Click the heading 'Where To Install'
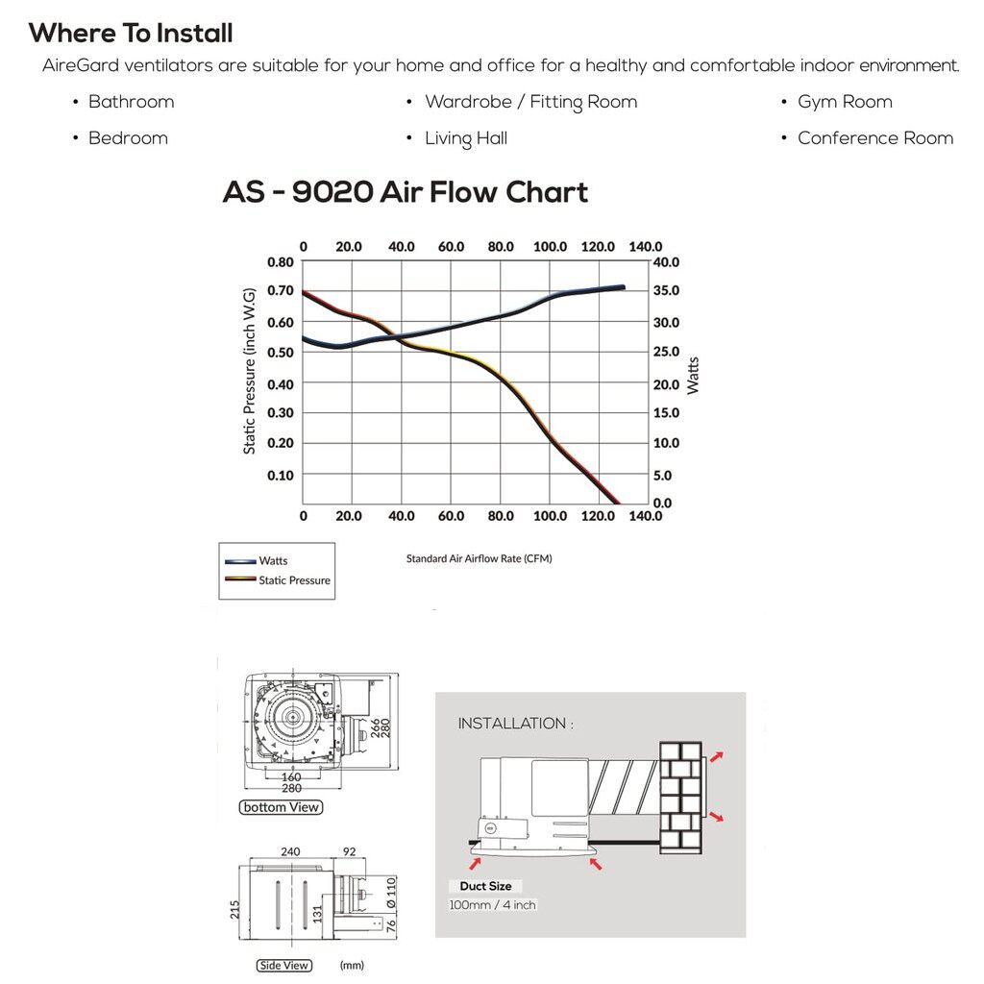(131, 34)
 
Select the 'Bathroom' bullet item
(131, 102)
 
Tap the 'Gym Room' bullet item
(845, 102)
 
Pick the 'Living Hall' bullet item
(465, 138)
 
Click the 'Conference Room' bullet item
(874, 138)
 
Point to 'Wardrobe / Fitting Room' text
(530, 102)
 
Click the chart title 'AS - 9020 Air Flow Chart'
(405, 192)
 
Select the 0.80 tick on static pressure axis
(280, 261)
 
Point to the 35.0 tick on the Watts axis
(666, 291)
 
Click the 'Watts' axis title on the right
(693, 375)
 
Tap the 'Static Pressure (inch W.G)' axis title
(250, 370)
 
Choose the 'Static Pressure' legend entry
(293, 580)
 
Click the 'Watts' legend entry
(273, 561)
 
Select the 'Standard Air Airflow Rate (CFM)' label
(479, 558)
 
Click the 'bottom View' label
(281, 807)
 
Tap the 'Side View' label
(283, 965)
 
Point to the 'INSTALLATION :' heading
(515, 724)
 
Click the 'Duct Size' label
(485, 886)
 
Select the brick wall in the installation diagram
(682, 796)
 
